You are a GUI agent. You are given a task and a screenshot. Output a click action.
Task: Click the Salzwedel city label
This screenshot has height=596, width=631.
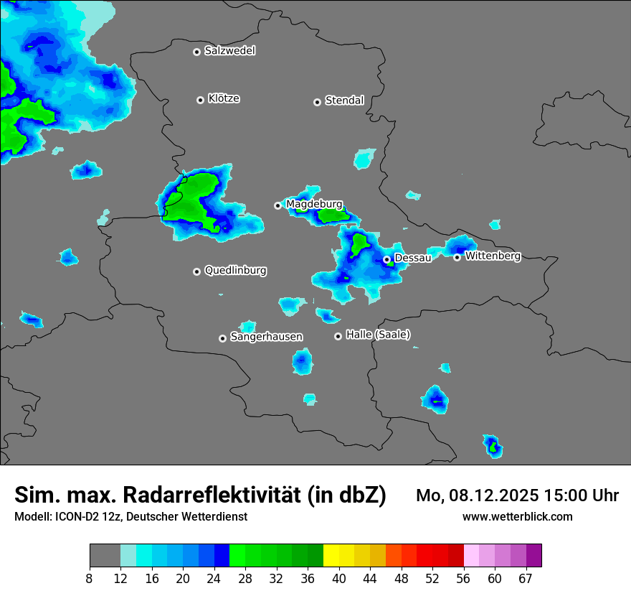click(x=229, y=51)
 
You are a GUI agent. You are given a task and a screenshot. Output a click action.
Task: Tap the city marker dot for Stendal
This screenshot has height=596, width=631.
click(x=317, y=102)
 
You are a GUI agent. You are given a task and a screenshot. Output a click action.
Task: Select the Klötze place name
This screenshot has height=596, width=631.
click(x=224, y=98)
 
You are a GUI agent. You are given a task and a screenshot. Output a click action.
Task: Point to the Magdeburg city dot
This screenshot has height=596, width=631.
click(x=277, y=205)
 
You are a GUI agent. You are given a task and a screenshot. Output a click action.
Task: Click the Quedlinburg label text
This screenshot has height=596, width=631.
click(x=235, y=271)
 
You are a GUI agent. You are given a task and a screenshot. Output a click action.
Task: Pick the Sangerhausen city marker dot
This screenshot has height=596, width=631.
click(x=222, y=338)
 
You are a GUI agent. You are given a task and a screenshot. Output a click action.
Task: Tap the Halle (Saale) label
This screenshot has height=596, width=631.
click(x=378, y=335)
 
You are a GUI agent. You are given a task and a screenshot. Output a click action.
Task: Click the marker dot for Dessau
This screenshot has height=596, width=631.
click(x=386, y=259)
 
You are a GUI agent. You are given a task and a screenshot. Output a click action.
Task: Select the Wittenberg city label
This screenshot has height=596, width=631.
click(x=493, y=256)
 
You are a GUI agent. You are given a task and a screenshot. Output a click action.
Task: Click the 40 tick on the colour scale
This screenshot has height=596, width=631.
click(x=339, y=578)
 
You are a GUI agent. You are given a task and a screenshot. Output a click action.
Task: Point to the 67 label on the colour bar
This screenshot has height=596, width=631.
click(x=525, y=578)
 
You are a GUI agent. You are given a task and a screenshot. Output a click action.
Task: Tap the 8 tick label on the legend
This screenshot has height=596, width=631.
click(x=90, y=578)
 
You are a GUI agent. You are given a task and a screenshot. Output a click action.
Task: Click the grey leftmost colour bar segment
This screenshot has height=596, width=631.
click(x=105, y=556)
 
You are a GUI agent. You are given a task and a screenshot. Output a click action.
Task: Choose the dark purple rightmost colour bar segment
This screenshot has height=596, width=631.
click(x=534, y=556)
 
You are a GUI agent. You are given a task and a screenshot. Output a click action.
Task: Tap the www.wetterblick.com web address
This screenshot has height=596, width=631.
click(x=517, y=516)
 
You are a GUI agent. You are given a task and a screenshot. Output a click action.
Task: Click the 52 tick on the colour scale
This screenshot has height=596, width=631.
click(x=432, y=578)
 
